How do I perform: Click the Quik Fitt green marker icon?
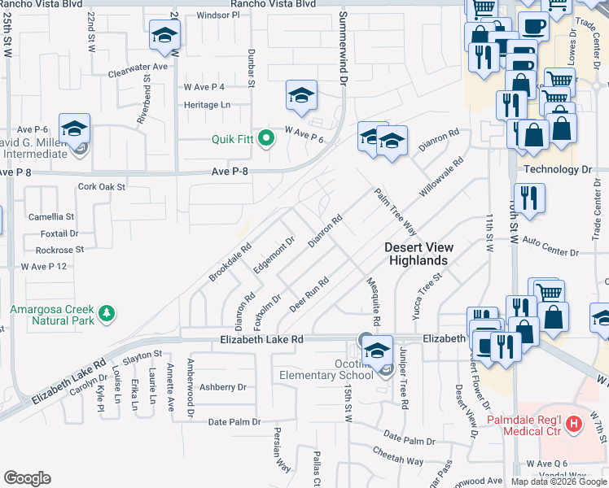click(x=265, y=139)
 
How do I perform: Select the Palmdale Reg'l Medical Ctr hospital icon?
click(x=575, y=423)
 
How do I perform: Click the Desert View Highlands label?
click(x=416, y=254)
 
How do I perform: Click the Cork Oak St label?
click(x=102, y=186)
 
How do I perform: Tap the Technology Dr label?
click(x=557, y=169)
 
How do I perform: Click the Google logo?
click(x=28, y=478)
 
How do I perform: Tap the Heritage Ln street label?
click(x=207, y=105)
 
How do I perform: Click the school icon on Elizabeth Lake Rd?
click(x=377, y=351)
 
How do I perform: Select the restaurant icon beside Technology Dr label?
click(x=529, y=198)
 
